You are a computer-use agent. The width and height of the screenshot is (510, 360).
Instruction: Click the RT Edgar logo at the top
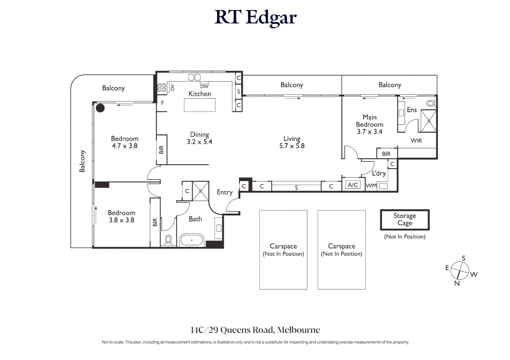[255, 17]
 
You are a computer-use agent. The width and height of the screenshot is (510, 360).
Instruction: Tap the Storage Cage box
[405, 220]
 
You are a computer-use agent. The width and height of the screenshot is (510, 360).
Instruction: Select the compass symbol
[460, 270]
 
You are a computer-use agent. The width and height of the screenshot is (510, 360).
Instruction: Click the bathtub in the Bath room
[191, 240]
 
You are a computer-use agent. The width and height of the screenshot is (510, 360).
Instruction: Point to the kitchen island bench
[199, 105]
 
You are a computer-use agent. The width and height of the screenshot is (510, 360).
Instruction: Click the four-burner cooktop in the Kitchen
[162, 88]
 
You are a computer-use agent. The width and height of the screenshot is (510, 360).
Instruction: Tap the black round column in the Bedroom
[100, 108]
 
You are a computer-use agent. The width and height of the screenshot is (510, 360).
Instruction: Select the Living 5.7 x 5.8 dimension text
[292, 146]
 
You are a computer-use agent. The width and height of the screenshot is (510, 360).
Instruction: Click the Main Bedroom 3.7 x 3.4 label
[370, 124]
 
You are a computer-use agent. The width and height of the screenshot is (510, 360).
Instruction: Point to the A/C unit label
[353, 185]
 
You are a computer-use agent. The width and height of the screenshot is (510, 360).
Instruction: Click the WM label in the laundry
[371, 186]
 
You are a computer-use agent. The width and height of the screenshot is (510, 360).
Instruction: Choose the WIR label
[416, 141]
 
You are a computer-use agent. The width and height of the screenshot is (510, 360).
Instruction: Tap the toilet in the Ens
[431, 103]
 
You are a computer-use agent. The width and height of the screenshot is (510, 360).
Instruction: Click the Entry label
[224, 192]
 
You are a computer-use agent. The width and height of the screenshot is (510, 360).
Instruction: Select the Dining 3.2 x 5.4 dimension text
[199, 142]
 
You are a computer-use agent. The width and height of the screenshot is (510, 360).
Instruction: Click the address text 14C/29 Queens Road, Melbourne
[255, 330]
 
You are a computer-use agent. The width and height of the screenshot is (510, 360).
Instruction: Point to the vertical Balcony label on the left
[82, 161]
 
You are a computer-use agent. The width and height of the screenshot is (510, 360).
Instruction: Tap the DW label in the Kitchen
[204, 86]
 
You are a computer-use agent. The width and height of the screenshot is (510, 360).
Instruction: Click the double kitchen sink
[194, 77]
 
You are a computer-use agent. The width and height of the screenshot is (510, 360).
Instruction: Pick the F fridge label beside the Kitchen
[162, 103]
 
